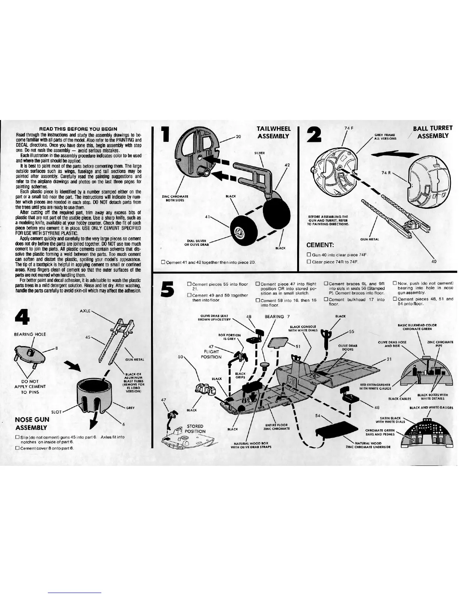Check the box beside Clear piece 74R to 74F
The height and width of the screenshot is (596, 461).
[x=309, y=262]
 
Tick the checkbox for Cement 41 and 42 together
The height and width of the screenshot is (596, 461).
[x=163, y=262]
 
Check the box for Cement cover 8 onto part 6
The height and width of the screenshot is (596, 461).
[x=17, y=448]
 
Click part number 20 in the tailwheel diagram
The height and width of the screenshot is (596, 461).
[x=238, y=137]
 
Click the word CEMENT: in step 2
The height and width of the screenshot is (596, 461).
[x=321, y=245]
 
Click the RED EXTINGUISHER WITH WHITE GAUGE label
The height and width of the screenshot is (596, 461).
[x=376, y=386]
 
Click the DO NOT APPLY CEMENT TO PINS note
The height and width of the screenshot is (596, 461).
[x=30, y=386]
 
